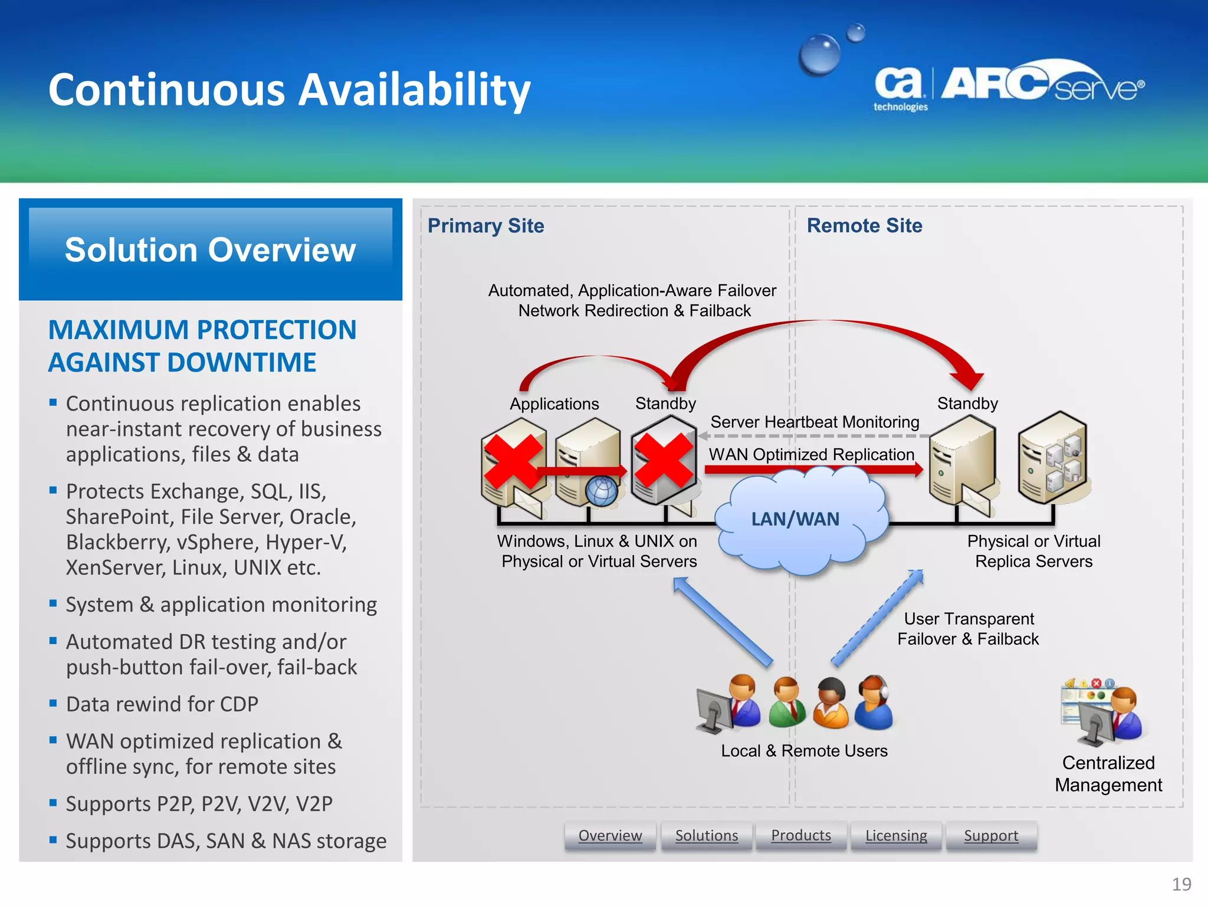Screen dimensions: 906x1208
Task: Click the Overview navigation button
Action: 610,836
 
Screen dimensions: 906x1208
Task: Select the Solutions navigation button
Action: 706,836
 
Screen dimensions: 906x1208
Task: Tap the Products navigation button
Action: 801,836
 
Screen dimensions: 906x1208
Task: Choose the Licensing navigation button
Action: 896,836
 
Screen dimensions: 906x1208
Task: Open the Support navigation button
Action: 991,836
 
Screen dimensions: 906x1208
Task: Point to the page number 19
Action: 1181,884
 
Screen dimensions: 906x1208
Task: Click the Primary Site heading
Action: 485,226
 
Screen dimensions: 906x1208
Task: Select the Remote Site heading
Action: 864,226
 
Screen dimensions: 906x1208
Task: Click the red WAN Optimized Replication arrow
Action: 814,470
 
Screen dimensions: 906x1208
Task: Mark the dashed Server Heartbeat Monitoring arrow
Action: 814,436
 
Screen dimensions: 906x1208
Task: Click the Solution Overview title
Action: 211,250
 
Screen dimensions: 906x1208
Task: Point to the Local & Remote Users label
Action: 804,751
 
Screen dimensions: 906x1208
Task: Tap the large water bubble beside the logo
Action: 819,55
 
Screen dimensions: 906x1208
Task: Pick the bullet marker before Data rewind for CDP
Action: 53,703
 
